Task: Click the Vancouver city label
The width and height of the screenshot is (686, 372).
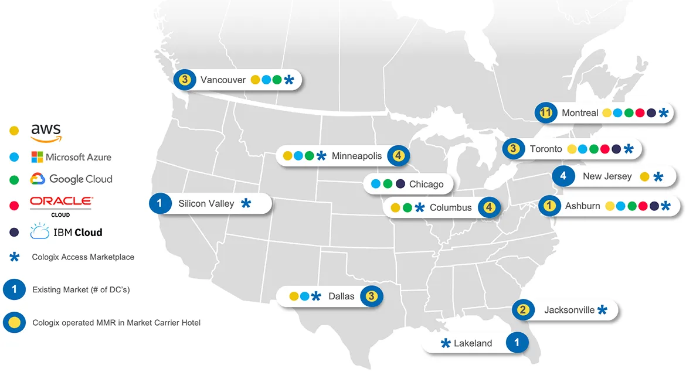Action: tap(223, 80)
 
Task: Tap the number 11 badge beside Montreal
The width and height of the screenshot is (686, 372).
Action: tap(546, 112)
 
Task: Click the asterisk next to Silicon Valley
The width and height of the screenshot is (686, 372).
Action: tap(246, 204)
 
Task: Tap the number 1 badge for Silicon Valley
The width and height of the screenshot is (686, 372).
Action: tap(159, 203)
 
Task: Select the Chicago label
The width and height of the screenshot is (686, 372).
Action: tap(426, 184)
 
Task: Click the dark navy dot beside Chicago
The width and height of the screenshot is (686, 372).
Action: tap(400, 184)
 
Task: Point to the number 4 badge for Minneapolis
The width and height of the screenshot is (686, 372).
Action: tap(398, 156)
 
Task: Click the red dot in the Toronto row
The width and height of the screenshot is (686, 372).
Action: tap(605, 149)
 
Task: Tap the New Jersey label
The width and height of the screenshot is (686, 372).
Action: tap(607, 176)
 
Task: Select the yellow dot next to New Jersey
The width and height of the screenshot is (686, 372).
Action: tap(644, 176)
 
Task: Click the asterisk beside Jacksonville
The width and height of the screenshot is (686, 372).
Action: tap(602, 310)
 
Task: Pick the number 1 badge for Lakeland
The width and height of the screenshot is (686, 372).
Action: tap(517, 343)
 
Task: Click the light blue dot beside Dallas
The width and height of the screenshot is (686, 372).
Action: tap(304, 296)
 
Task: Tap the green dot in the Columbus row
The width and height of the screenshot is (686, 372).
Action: tap(407, 207)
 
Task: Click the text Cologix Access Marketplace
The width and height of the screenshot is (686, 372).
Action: tap(83, 257)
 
